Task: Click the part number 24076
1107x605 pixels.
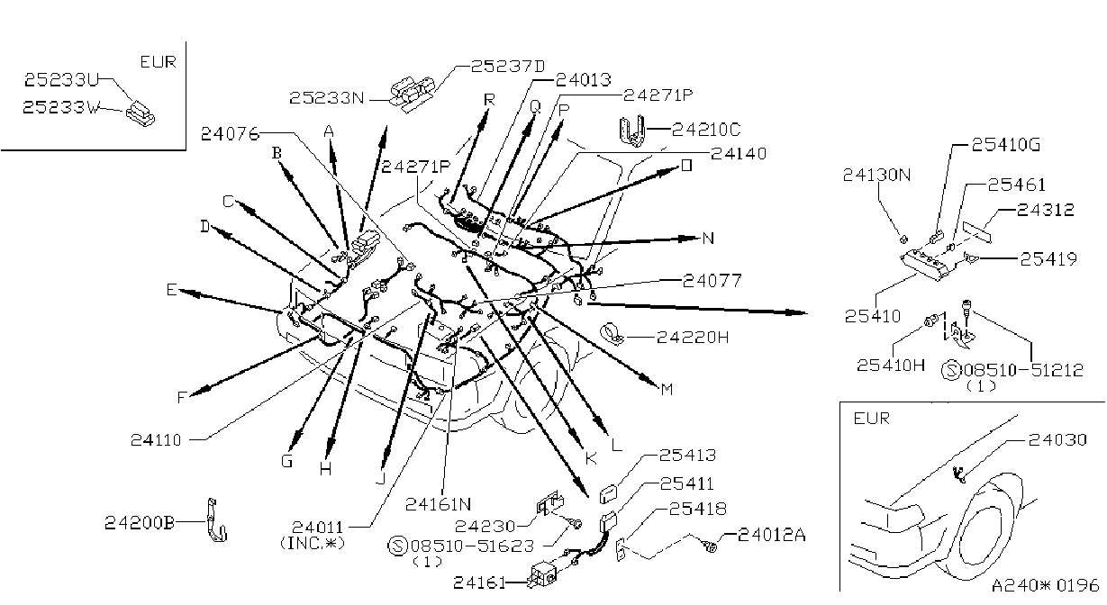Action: click(230, 134)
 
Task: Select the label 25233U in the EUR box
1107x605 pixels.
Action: click(62, 80)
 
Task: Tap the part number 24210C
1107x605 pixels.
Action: click(706, 130)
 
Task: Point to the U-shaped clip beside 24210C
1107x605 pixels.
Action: click(632, 131)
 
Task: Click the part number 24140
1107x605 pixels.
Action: click(739, 154)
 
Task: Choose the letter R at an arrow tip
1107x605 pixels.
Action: click(489, 99)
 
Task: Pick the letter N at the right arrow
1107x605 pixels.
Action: click(708, 239)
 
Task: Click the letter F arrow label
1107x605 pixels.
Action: click(181, 397)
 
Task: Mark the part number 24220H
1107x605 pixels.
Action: click(693, 338)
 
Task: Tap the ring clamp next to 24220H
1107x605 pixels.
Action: click(612, 334)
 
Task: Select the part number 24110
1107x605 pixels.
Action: click(156, 439)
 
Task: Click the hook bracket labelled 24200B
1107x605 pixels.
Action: click(216, 520)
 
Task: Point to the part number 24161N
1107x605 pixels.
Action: click(438, 504)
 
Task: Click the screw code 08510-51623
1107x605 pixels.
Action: click(473, 546)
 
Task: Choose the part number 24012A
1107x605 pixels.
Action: click(771, 535)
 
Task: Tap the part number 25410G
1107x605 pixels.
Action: click(1006, 145)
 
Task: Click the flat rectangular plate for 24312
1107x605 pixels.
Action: click(976, 232)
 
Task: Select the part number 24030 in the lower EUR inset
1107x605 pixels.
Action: click(1057, 439)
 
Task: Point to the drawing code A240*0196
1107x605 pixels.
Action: click(1045, 585)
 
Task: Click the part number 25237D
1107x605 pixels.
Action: click(507, 67)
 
